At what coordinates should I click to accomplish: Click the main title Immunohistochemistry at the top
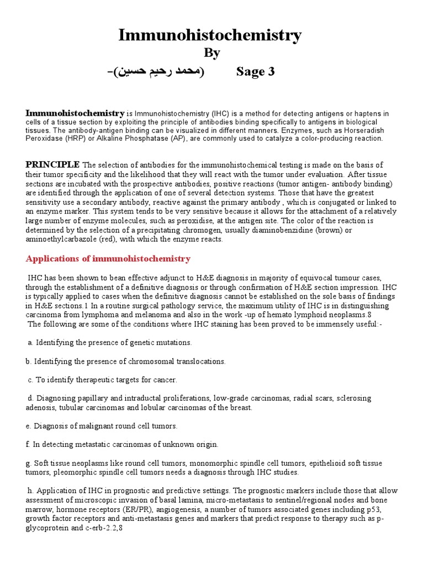tap(211, 35)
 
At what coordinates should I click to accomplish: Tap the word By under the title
tap(212, 53)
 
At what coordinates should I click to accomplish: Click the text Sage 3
tap(255, 72)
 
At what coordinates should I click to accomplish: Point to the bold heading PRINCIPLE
tap(52, 165)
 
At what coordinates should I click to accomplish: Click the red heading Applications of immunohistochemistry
tap(108, 258)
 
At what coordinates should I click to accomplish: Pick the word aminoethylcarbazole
tap(60, 239)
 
